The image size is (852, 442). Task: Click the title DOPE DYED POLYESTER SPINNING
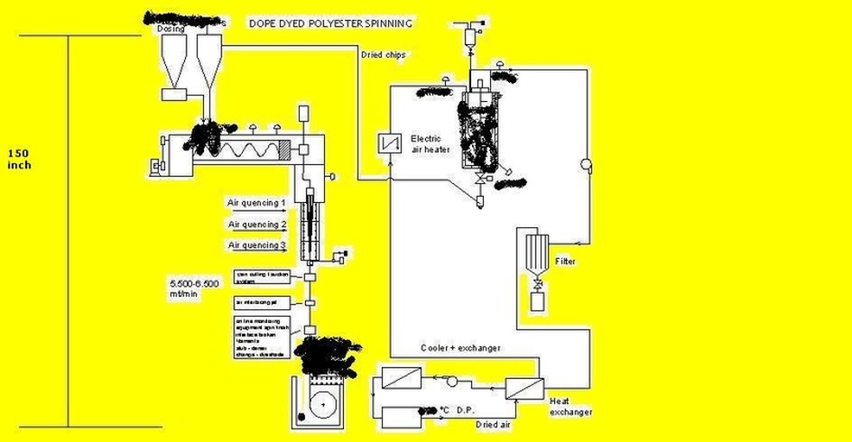(331, 22)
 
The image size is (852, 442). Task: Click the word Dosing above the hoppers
(171, 28)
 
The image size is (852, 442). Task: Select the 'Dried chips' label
(383, 54)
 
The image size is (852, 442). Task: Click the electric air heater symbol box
(390, 143)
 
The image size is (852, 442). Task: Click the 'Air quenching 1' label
(257, 203)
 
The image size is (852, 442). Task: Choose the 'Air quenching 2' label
(257, 224)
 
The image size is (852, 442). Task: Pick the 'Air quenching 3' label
(257, 244)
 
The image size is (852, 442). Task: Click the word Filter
(566, 262)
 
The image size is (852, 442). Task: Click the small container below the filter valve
(538, 302)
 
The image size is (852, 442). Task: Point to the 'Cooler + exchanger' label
(460, 347)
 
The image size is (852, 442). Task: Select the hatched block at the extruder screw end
(285, 150)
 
